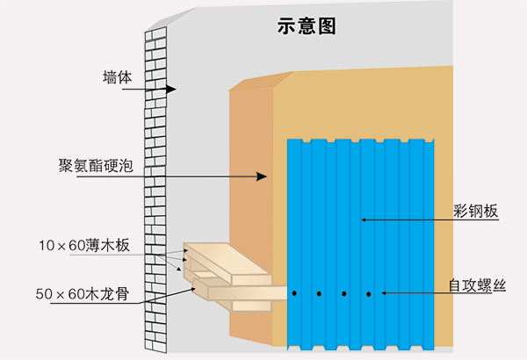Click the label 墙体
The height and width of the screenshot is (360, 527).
pos(117,77)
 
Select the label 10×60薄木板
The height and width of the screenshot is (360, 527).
pos(84,245)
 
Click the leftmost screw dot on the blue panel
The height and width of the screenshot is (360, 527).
pos(296,293)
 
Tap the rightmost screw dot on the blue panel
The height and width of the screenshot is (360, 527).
pos(369,293)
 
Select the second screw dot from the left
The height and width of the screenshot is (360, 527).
pos(320,293)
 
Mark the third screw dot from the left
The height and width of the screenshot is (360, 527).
pos(344,293)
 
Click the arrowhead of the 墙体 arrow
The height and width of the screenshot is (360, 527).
pos(172,90)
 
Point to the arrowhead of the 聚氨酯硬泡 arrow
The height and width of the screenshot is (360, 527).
pos(261,176)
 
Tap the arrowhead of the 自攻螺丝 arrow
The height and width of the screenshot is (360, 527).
pos(385,293)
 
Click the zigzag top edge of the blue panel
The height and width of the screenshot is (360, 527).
pos(362,140)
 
